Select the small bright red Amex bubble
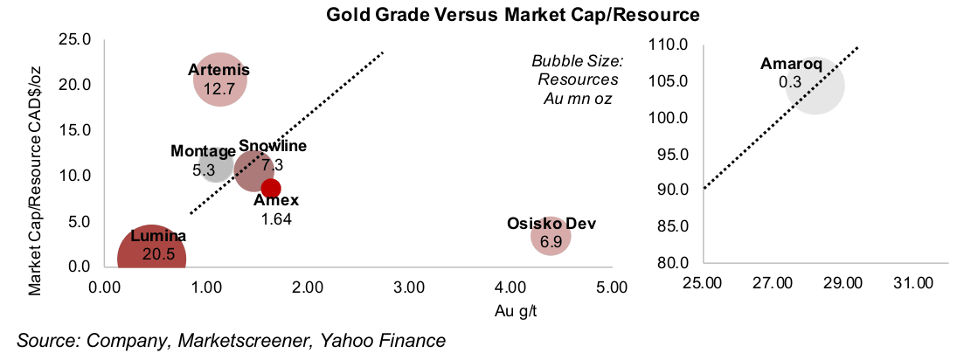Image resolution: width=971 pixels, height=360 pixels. point(271,188)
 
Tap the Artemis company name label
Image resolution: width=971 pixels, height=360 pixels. point(219,70)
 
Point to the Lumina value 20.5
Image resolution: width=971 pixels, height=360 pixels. point(153,256)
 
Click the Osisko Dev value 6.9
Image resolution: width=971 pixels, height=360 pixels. point(551,242)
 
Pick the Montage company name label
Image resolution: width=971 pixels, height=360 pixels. point(204,152)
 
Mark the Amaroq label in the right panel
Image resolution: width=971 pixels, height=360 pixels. point(791,65)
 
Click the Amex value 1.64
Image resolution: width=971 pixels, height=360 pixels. point(276,218)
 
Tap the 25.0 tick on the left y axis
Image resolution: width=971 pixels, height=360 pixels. point(73,39)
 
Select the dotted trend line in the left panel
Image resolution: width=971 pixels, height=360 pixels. point(288,131)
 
